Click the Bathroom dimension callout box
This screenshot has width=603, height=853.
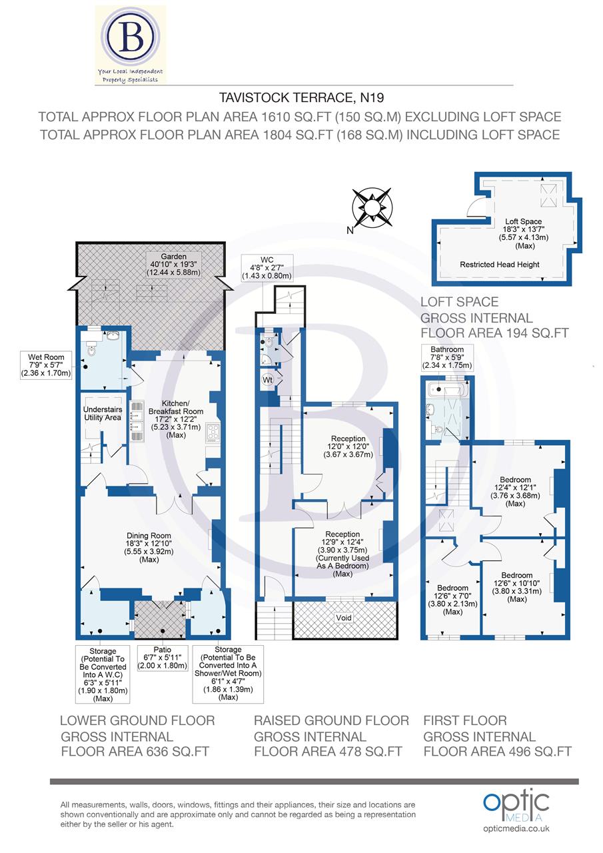coord(447,357)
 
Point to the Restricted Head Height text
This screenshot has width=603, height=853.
coord(499,265)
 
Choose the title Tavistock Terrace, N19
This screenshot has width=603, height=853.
coord(302,98)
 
